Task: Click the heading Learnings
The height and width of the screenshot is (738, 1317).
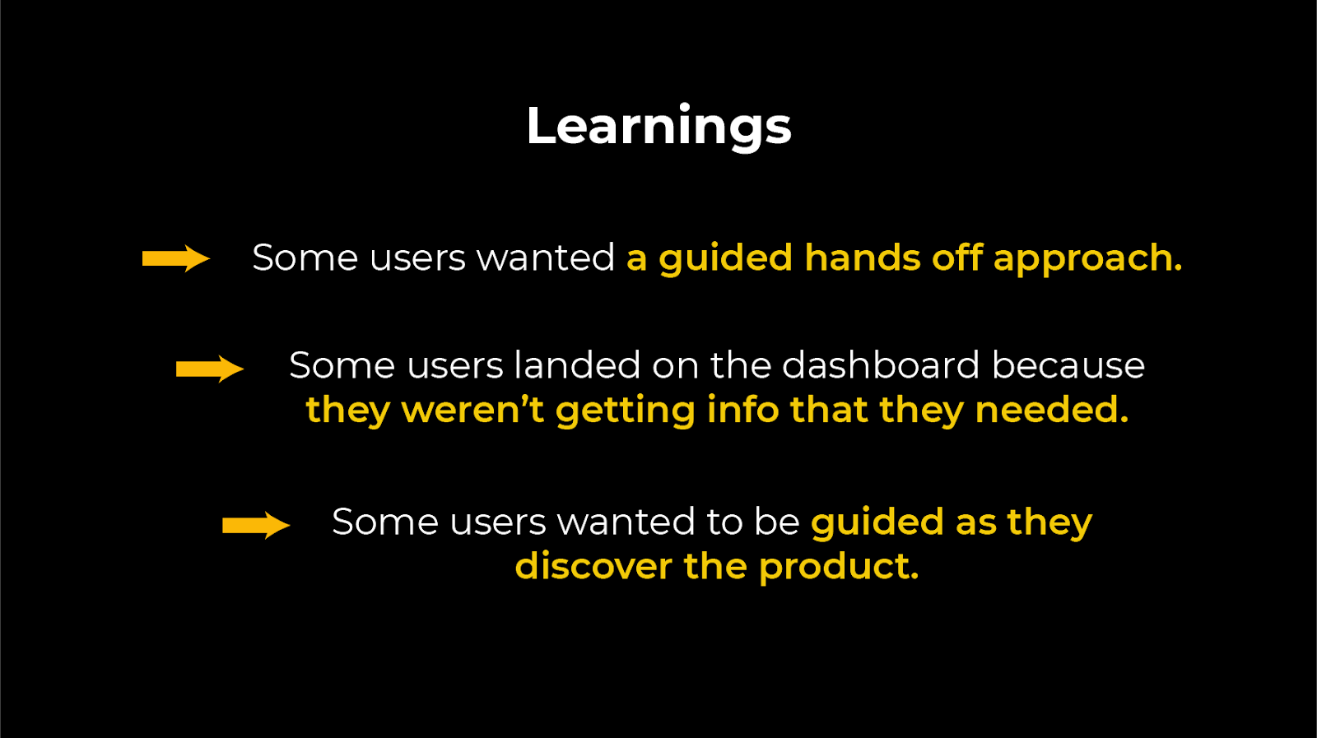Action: click(x=658, y=127)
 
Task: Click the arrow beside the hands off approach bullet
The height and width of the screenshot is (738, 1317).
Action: click(x=175, y=258)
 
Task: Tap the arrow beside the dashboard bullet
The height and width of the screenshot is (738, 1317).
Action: click(x=209, y=369)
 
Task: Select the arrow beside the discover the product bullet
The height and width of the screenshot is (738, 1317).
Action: click(x=255, y=525)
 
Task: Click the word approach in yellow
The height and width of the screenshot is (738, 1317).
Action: click(x=1087, y=259)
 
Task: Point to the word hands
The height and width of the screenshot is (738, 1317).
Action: click(x=862, y=258)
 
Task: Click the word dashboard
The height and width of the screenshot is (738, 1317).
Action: click(x=881, y=365)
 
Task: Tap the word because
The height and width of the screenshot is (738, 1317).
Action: click(x=1068, y=365)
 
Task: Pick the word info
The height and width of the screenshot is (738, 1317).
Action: click(x=742, y=410)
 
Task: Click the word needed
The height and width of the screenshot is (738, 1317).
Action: click(x=1051, y=410)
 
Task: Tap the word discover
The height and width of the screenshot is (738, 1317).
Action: click(x=593, y=566)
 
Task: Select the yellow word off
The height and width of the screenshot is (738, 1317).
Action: click(x=957, y=258)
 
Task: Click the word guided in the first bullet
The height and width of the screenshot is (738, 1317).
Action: click(x=725, y=259)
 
